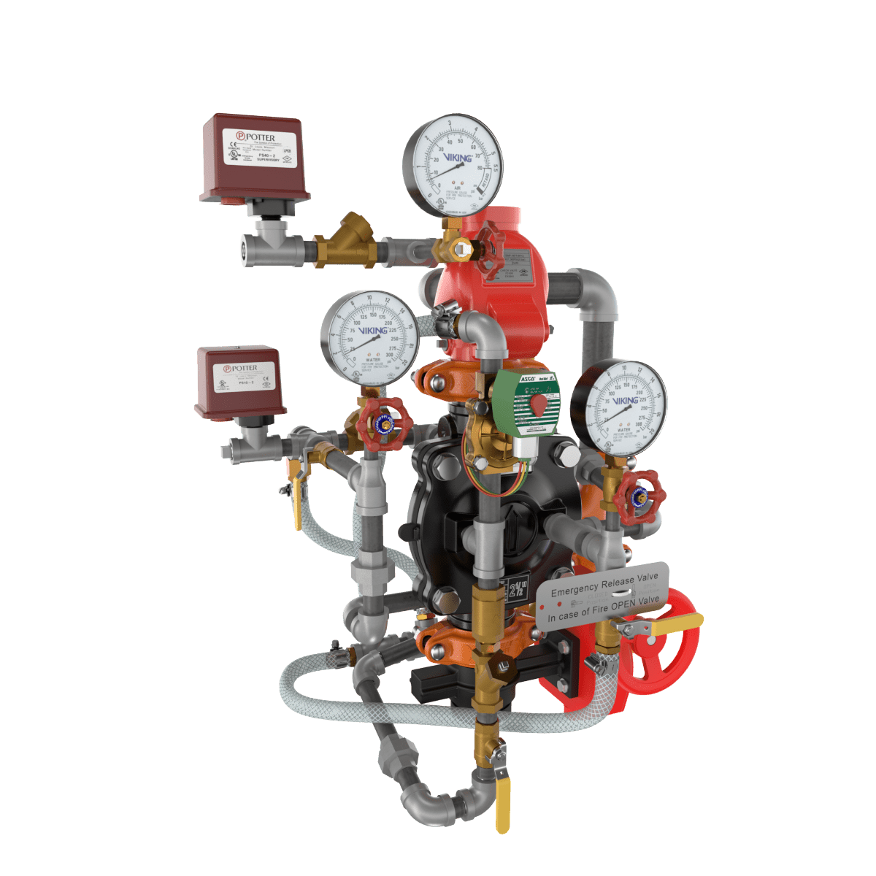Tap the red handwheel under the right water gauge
click(x=639, y=496)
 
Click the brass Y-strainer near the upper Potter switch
click(x=349, y=241)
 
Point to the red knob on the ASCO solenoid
click(x=539, y=405)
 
